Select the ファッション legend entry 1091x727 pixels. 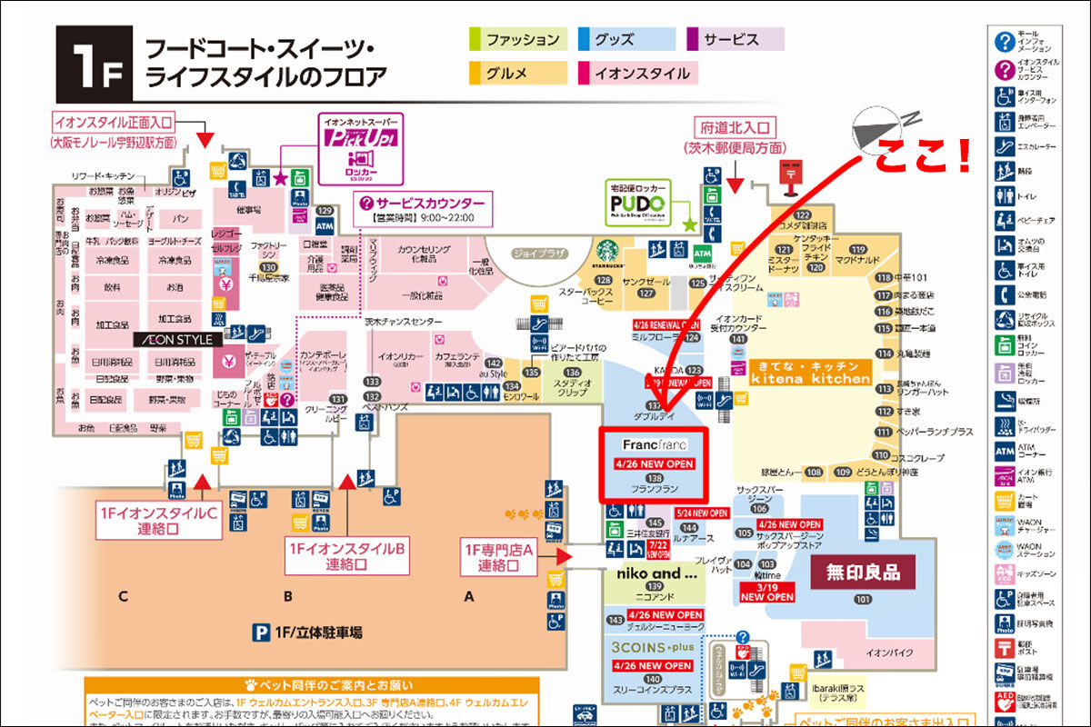(x=518, y=39)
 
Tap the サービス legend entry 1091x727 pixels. (x=736, y=39)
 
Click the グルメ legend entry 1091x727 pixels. (x=517, y=74)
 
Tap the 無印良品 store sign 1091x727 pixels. (x=862, y=573)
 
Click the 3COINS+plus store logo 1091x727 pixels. (x=651, y=648)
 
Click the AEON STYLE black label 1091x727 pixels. (x=175, y=340)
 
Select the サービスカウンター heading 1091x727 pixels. (x=425, y=204)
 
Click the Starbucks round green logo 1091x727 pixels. (x=607, y=252)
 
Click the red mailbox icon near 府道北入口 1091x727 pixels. (x=786, y=175)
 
